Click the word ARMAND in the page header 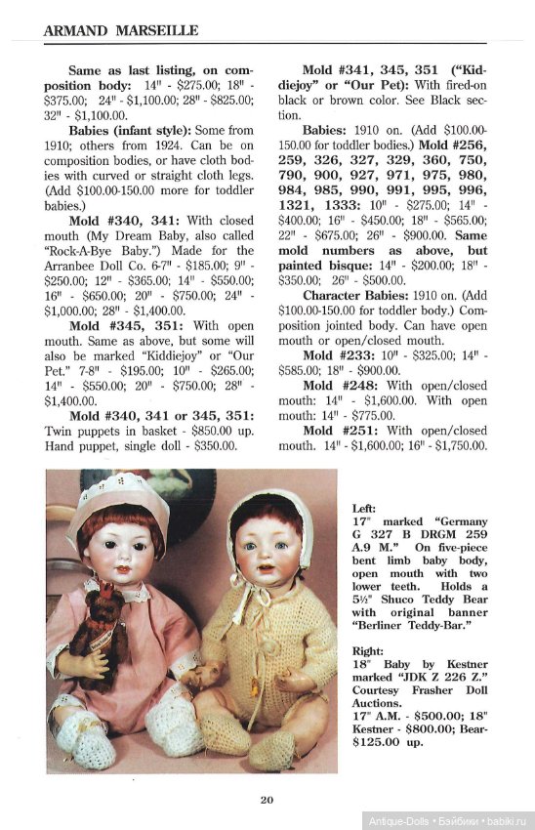tap(74, 31)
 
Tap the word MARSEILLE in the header tap(156, 31)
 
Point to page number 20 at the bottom tap(267, 801)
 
